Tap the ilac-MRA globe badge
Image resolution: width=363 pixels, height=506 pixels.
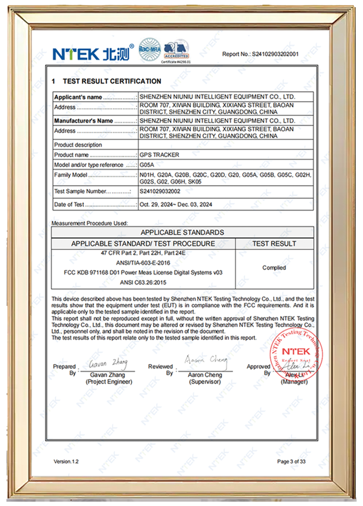pos(150,49)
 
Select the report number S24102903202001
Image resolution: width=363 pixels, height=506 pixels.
pos(275,54)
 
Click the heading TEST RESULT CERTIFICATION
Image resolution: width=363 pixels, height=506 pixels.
pos(112,81)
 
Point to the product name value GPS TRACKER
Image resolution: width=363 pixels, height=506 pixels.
pos(159,155)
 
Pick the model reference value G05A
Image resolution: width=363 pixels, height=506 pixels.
pos(147,165)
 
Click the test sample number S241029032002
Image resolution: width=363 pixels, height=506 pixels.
pos(160,191)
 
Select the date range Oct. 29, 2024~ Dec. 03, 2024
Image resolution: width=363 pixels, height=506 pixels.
pos(176,205)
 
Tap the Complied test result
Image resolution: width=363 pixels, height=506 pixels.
pos(274,268)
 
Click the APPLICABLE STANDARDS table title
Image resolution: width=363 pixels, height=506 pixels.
pos(182,232)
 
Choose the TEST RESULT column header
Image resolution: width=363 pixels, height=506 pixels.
pos(274,244)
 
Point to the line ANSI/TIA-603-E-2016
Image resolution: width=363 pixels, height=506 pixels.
pos(143,263)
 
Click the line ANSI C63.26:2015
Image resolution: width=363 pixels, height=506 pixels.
pos(143,282)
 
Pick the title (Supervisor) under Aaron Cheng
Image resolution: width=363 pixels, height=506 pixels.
pos(205,382)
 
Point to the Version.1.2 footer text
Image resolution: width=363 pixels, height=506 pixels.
pos(66,461)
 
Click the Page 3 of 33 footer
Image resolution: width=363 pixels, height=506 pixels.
pos(291,461)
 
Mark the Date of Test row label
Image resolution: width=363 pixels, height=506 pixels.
pos(69,205)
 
